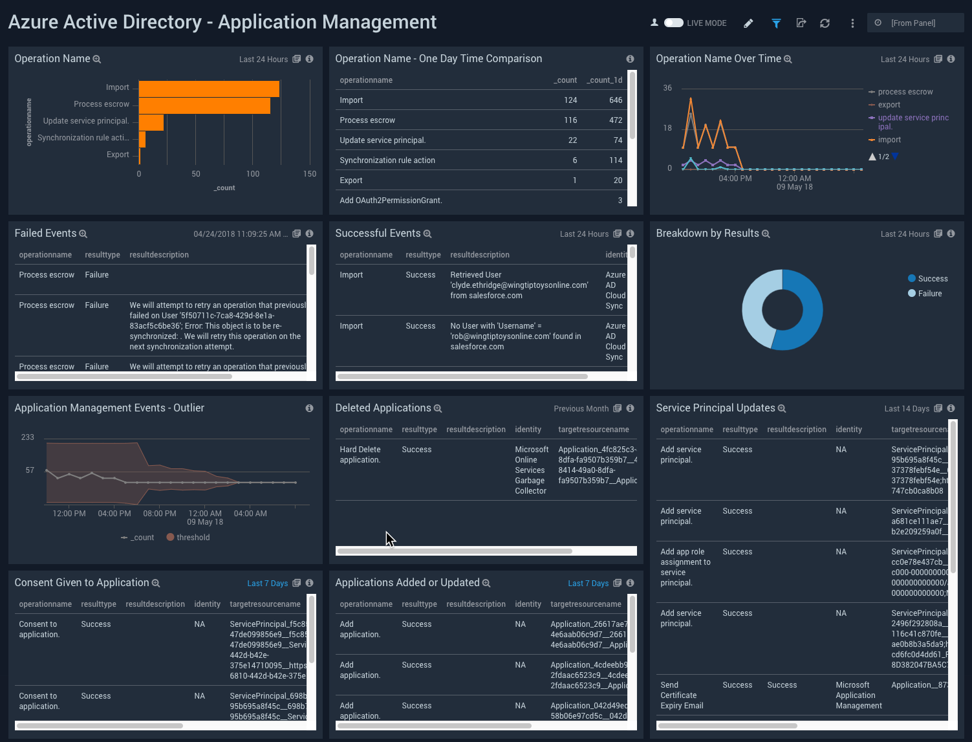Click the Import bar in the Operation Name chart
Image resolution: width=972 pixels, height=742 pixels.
208,89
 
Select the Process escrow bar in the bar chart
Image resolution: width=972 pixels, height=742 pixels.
204,105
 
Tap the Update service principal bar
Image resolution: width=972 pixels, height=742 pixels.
151,122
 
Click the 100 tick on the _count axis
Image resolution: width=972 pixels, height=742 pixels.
252,174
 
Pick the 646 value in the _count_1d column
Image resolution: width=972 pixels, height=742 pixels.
615,100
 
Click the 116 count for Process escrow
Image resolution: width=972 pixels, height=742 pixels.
570,120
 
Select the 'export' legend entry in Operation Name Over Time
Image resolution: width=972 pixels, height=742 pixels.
889,105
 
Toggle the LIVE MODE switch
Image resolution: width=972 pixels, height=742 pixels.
673,23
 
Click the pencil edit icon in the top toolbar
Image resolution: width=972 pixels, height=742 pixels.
748,23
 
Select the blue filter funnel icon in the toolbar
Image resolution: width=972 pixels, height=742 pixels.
776,23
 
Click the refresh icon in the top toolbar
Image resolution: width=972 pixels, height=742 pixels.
825,23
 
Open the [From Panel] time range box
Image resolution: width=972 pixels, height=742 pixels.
914,23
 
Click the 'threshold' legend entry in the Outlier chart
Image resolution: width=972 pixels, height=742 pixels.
193,538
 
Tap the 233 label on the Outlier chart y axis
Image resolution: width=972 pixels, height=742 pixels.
27,437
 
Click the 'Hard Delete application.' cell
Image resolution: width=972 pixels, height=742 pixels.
360,455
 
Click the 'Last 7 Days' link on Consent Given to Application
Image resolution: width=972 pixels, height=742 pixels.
267,584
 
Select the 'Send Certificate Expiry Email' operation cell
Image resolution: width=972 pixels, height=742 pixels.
682,695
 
